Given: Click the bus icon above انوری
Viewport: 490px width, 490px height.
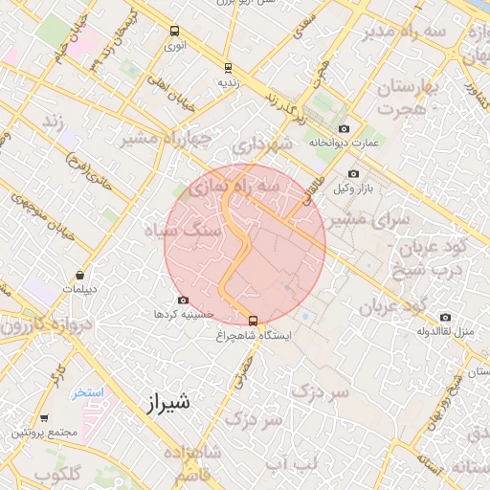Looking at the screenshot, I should coord(174,31).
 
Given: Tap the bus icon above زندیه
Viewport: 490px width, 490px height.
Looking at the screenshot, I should coord(228,67).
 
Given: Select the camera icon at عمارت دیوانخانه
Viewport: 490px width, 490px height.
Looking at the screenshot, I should coord(344,128).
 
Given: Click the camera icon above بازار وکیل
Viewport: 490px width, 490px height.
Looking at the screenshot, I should coord(353,173).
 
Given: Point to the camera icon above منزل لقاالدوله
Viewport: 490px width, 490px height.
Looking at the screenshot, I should coord(445,317).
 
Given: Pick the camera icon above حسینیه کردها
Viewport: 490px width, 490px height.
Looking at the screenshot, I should coord(183,300).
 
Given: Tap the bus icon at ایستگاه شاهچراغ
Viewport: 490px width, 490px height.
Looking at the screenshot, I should coord(254,321).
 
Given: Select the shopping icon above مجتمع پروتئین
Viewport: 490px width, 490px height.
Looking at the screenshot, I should coord(44,418).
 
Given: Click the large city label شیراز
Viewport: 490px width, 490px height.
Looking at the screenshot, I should coord(168,402).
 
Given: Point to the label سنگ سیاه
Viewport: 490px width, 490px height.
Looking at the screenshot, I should coord(182,231).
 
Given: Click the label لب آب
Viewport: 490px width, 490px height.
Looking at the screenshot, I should coord(290,465).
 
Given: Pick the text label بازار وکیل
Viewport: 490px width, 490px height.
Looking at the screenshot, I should coord(351,188).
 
